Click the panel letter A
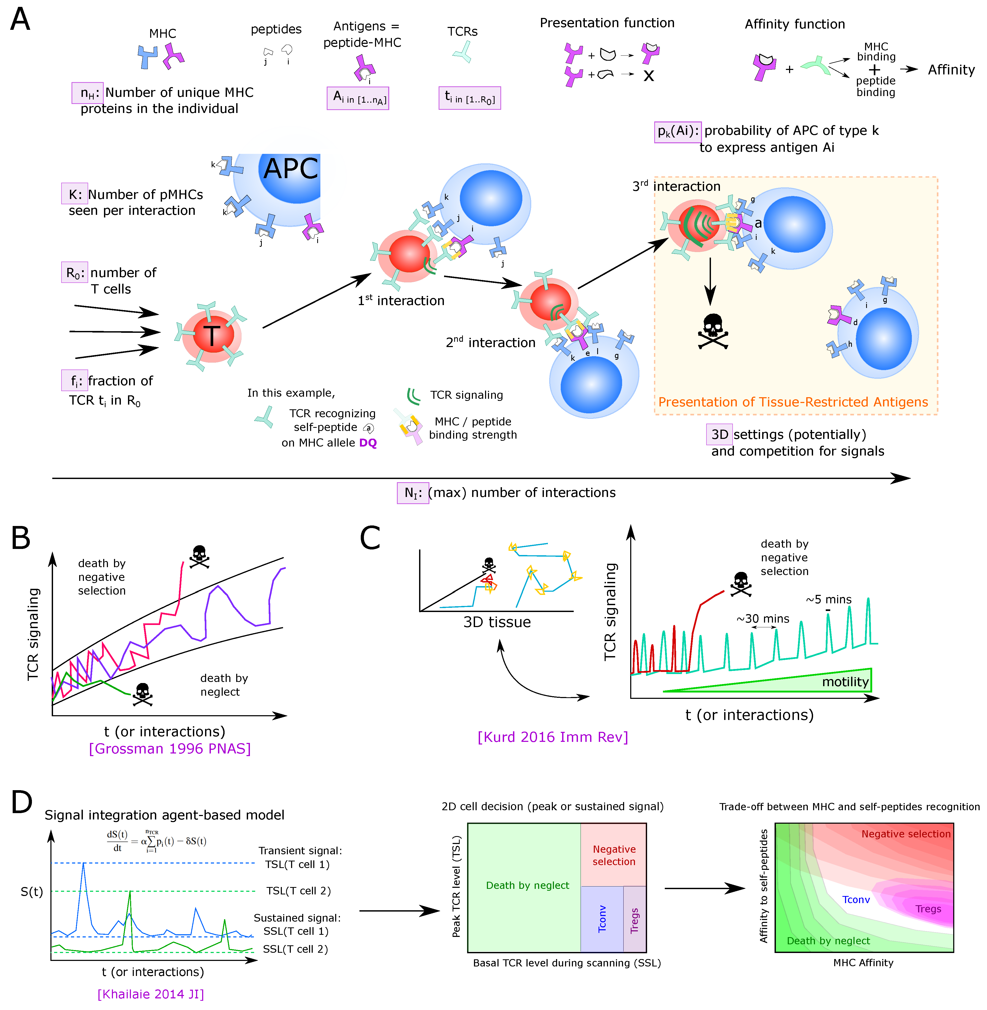point(20,20)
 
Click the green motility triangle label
point(845,682)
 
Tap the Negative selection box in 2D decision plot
point(614,855)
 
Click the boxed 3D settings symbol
point(719,434)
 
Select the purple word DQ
point(368,443)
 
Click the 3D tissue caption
point(497,622)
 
